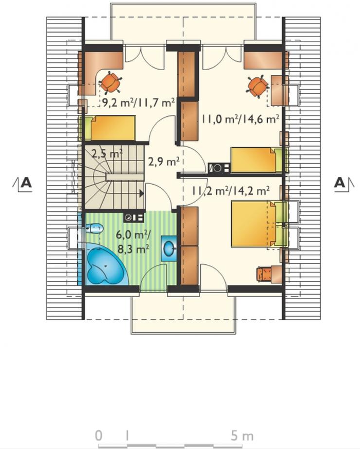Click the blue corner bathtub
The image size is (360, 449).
pyautogui.click(x=105, y=264)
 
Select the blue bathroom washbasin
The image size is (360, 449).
pyautogui.click(x=168, y=248)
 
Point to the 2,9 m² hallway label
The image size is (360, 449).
pyautogui.click(x=163, y=162)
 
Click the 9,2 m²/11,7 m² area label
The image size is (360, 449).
pyautogui.click(x=139, y=103)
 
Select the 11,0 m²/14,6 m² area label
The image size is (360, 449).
pyautogui.click(x=240, y=118)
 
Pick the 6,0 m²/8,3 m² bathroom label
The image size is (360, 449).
pyautogui.click(x=133, y=242)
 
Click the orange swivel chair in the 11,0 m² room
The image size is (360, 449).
pyautogui.click(x=257, y=86)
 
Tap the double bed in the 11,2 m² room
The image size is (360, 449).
pyautogui.click(x=259, y=224)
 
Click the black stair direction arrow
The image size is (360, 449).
pyautogui.click(x=141, y=193)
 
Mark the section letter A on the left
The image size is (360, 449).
pyautogui.click(x=26, y=182)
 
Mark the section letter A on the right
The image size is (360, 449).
pyautogui.click(x=340, y=182)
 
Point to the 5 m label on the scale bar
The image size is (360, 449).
pyautogui.click(x=242, y=436)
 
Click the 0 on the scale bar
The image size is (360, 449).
pyautogui.click(x=98, y=436)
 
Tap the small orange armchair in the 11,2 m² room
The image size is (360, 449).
pyautogui.click(x=265, y=274)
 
